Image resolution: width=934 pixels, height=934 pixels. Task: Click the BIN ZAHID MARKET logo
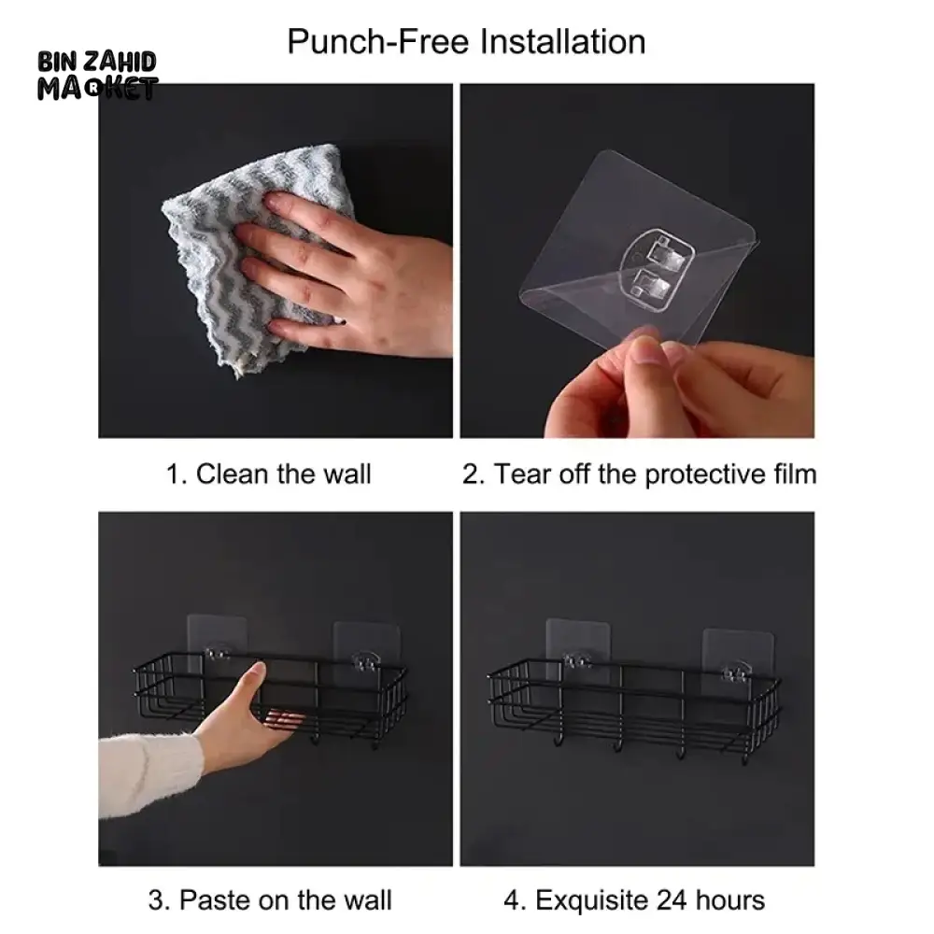point(97,75)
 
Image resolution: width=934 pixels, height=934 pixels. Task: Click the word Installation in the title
point(562,42)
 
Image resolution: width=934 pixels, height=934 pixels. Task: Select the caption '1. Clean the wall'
point(268,474)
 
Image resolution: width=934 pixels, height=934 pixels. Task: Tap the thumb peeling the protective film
point(645,350)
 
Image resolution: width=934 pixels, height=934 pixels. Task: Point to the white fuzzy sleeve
point(148,773)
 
